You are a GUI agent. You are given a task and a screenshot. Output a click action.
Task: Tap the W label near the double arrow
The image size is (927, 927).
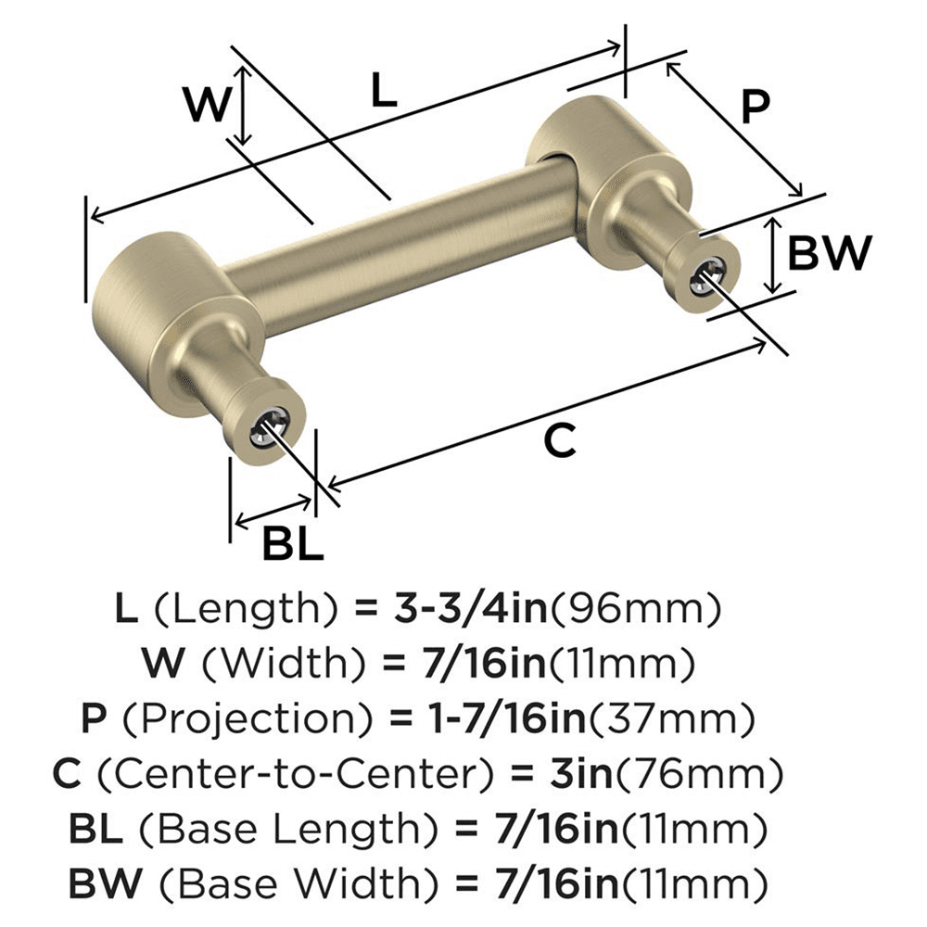206,105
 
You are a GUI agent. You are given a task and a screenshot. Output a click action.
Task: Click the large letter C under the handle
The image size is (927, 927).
560,440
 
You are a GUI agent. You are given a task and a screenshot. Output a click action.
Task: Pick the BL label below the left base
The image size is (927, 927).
292,545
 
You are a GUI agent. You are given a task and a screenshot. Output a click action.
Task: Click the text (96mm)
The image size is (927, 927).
639,609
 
